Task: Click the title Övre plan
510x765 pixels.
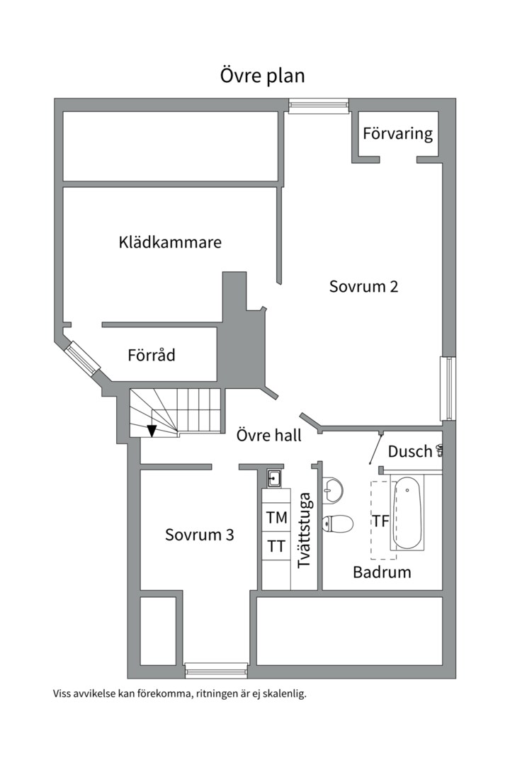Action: pyautogui.click(x=262, y=76)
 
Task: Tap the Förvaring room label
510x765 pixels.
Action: pyautogui.click(x=397, y=133)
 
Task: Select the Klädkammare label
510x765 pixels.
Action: pyautogui.click(x=170, y=242)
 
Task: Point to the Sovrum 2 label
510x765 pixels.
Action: pyautogui.click(x=364, y=286)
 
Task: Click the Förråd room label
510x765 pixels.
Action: pyautogui.click(x=152, y=355)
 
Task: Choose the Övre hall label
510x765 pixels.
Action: pyautogui.click(x=268, y=435)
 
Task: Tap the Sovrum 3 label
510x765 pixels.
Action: pyautogui.click(x=199, y=535)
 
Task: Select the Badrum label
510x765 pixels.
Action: pyautogui.click(x=382, y=572)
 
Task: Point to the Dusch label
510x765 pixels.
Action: pyautogui.click(x=410, y=451)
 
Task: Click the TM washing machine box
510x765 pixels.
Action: pyautogui.click(x=276, y=518)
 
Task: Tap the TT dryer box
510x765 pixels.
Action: pyautogui.click(x=276, y=546)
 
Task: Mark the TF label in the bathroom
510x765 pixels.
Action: pyautogui.click(x=381, y=521)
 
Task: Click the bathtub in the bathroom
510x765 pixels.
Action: pyautogui.click(x=407, y=514)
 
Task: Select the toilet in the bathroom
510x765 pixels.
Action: pyautogui.click(x=337, y=523)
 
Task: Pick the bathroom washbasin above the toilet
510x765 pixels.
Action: pyautogui.click(x=332, y=489)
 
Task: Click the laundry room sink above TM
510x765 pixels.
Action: pyautogui.click(x=273, y=479)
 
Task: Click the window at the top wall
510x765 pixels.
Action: pyautogui.click(x=319, y=106)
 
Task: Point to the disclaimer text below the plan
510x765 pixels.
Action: pyautogui.click(x=180, y=694)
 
